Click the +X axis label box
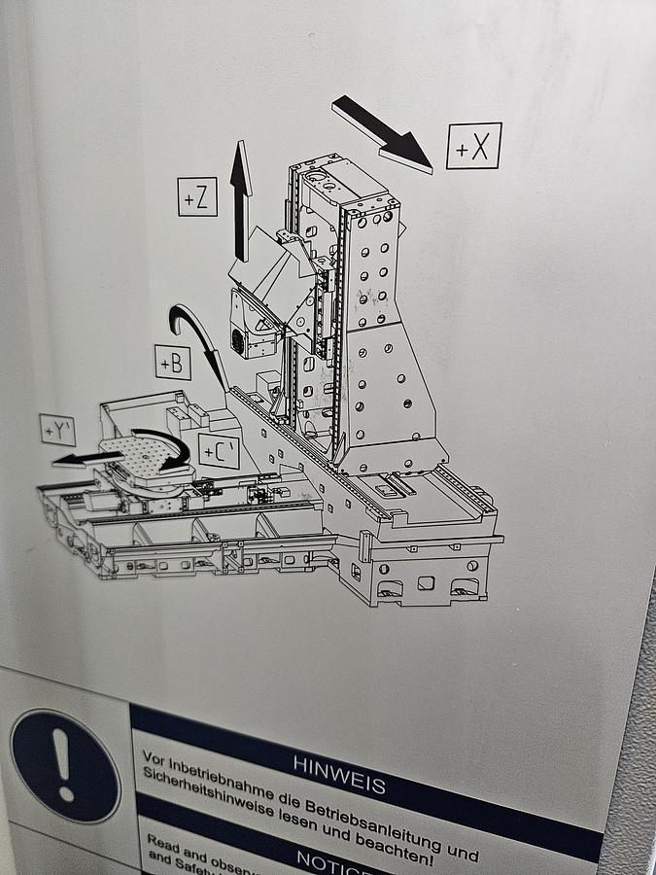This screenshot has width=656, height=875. [x=473, y=146]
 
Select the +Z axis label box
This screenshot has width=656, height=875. [x=197, y=196]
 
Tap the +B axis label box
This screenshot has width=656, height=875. [x=173, y=363]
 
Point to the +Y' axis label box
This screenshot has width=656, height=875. [x=57, y=430]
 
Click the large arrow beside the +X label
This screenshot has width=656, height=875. [x=382, y=134]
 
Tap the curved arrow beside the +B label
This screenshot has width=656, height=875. [x=199, y=345]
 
